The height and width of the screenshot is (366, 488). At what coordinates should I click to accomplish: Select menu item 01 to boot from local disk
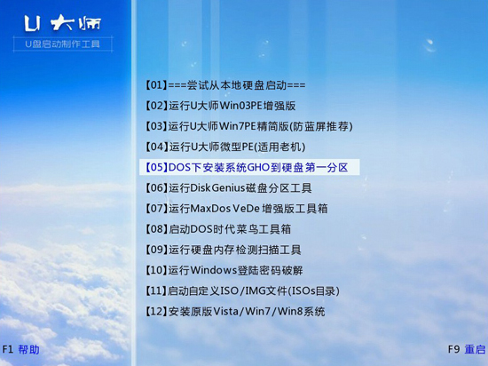pos(224,85)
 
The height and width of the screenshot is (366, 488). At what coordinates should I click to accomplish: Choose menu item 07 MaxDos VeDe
pos(235,208)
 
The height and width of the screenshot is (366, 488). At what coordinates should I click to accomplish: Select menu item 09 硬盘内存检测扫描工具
pos(222,250)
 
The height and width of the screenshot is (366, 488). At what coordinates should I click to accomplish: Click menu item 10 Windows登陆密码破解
pos(223,270)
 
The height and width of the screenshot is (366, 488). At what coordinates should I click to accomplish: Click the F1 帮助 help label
pos(21,350)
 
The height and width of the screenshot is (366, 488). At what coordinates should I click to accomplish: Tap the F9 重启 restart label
pos(467,350)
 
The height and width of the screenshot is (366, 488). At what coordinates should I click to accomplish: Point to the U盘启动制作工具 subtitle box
pos(62,43)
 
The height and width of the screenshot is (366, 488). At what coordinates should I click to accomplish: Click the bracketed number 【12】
pos(154,311)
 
